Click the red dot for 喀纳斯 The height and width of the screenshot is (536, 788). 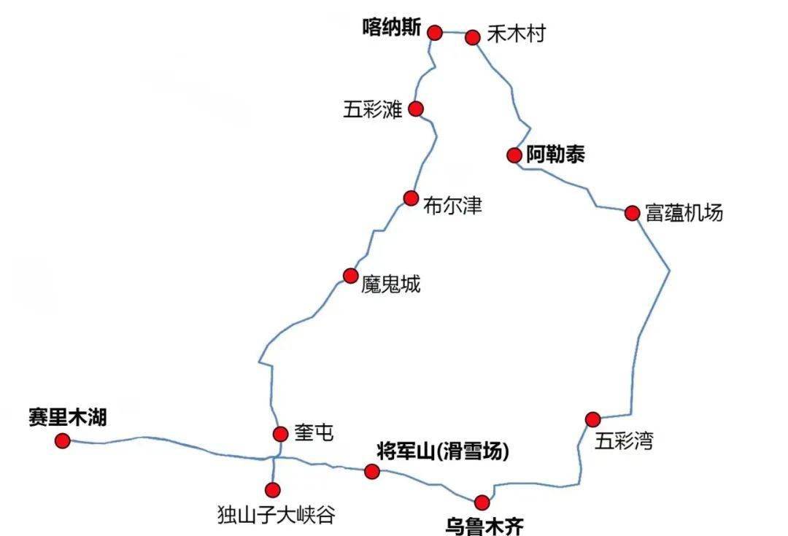tap(435, 32)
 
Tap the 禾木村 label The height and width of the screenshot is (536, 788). tap(516, 34)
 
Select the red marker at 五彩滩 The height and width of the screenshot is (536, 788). tap(416, 109)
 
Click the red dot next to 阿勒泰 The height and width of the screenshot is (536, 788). tap(514, 155)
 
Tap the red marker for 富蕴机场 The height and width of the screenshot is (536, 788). tap(633, 213)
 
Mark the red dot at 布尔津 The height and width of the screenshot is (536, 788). tap(411, 198)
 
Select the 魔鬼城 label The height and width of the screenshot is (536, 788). tap(391, 284)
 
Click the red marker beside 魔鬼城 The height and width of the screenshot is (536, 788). tap(351, 276)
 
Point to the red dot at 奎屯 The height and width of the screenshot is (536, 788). tap(280, 434)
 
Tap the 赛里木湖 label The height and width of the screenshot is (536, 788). tap(68, 417)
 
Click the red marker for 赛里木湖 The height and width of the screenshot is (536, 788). tap(63, 440)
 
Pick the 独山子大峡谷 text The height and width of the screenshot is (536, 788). tap(277, 515)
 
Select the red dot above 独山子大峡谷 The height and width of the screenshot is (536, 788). tap(273, 489)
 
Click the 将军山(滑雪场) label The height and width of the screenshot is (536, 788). tap(442, 451)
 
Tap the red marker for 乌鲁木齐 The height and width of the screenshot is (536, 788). tap(482, 502)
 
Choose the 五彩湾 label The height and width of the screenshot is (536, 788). tap(624, 440)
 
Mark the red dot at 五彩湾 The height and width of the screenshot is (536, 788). tap(592, 419)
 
